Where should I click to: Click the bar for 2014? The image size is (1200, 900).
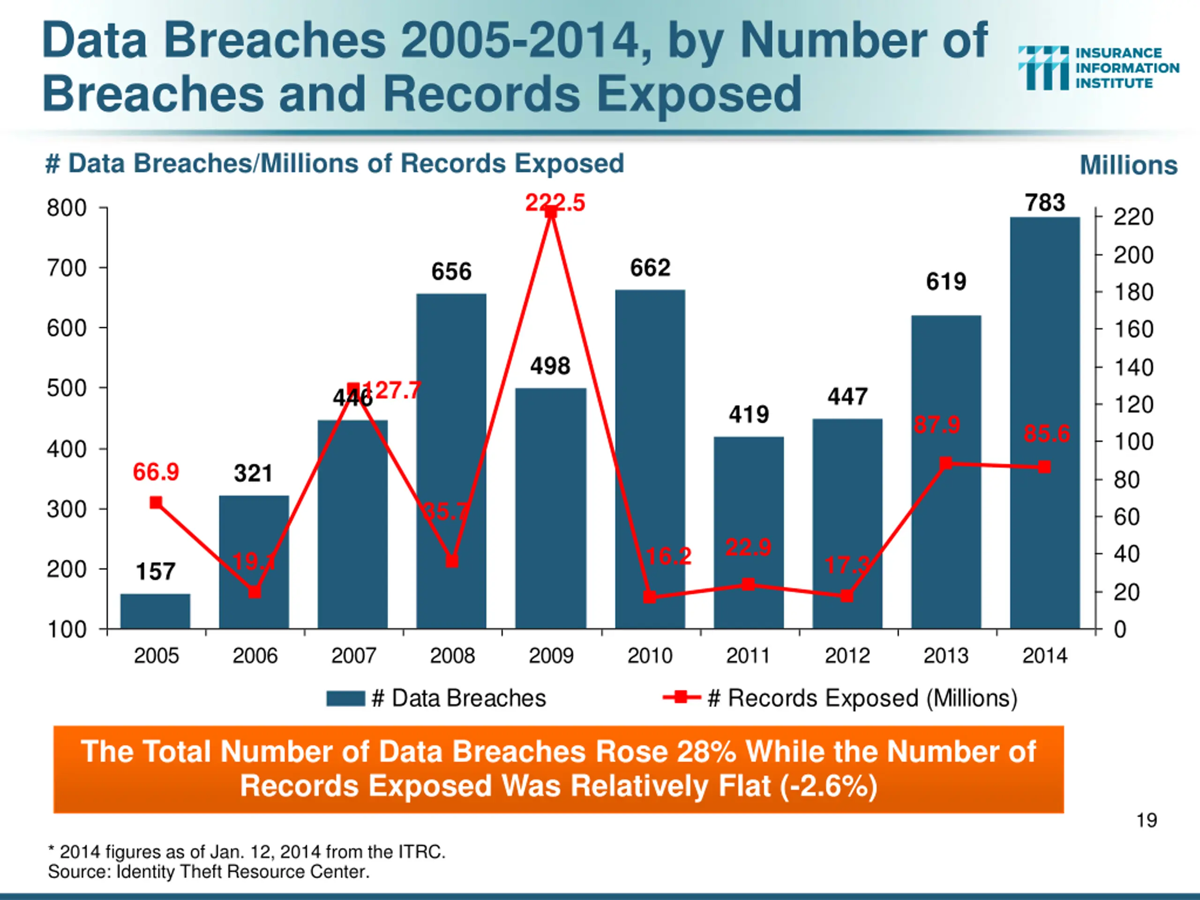click(x=1044, y=423)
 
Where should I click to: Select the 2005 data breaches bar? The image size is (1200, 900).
click(x=155, y=611)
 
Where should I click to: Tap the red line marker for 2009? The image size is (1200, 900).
click(x=551, y=213)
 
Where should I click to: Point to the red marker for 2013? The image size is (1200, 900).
click(x=945, y=463)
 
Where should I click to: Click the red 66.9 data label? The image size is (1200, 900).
click(x=156, y=472)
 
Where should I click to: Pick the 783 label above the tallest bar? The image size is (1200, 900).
click(x=1045, y=203)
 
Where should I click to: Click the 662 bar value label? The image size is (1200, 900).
click(x=650, y=268)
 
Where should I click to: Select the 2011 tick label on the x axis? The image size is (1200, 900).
click(x=748, y=656)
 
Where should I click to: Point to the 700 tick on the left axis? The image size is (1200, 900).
click(x=67, y=268)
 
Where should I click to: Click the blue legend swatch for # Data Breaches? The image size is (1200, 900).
click(x=345, y=698)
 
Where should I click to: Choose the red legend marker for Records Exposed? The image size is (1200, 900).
click(x=682, y=697)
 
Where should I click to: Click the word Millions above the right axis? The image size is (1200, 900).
click(x=1128, y=165)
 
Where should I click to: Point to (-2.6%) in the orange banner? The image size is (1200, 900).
click(x=828, y=786)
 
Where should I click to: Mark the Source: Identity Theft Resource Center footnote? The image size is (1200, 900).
click(x=209, y=872)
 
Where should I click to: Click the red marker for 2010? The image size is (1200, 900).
click(x=649, y=597)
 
